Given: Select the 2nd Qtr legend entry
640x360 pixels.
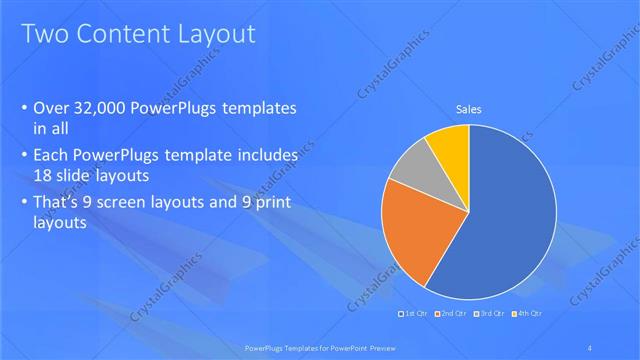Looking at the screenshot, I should pyautogui.click(x=453, y=315).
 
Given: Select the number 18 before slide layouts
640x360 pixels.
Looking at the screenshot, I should pyautogui.click(x=44, y=174).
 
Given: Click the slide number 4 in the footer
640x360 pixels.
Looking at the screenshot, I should pyautogui.click(x=591, y=346).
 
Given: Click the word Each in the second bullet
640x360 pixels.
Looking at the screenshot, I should pyautogui.click(x=53, y=157).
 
